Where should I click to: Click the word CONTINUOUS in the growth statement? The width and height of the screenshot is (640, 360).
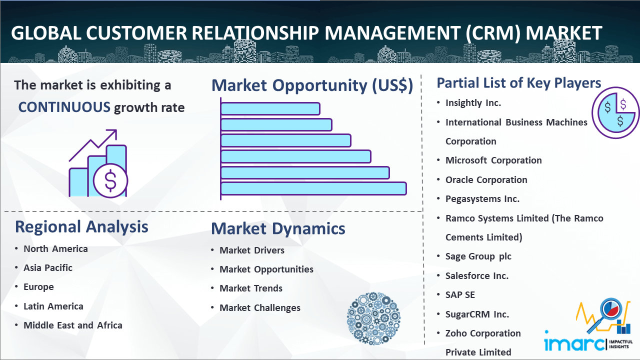coord(64,107)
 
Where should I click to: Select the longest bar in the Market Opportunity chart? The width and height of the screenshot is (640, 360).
coord(313,188)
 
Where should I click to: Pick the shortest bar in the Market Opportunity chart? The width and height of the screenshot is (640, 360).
coord(270,108)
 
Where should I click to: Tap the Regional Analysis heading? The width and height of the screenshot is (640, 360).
coord(81,226)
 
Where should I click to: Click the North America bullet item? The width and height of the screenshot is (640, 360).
coord(55,248)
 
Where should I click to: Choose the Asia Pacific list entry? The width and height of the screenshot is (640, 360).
coord(48,267)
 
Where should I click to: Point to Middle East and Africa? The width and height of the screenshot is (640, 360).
coord(73,325)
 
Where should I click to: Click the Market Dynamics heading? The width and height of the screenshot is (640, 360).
coord(278,228)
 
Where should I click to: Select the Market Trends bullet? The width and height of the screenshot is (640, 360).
coord(251,288)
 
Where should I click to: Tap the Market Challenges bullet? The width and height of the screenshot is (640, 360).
coord(260,307)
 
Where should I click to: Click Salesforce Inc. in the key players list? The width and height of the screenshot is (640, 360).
coord(477,275)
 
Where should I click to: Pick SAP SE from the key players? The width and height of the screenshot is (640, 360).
coord(460,294)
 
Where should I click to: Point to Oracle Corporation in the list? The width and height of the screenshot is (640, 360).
coord(486,179)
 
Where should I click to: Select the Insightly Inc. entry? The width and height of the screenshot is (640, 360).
coord(473,102)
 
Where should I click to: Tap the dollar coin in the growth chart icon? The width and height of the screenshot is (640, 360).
coord(110,180)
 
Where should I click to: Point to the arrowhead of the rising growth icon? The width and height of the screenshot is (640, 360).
coord(112,133)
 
